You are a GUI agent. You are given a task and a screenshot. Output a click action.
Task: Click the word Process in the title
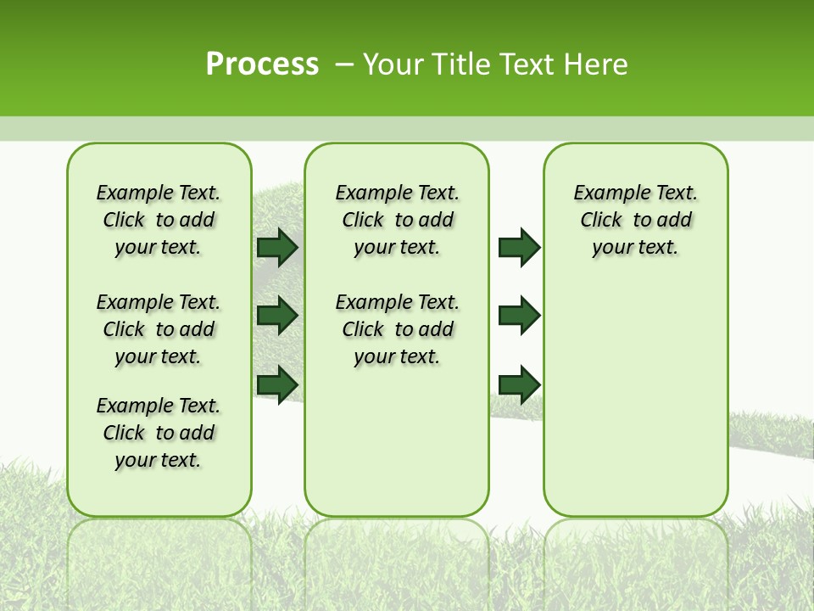point(262,64)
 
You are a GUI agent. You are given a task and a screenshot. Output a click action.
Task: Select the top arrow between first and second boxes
point(277,247)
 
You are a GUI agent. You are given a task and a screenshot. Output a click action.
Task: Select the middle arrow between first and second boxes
point(277,316)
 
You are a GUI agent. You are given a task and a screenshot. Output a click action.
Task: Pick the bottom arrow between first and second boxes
point(277,384)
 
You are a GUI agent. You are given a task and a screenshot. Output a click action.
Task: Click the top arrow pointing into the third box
point(519,247)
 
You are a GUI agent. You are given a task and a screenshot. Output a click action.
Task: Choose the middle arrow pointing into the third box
point(519,316)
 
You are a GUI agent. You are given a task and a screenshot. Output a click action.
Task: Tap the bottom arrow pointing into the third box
point(519,384)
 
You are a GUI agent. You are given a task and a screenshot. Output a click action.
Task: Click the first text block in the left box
point(159,220)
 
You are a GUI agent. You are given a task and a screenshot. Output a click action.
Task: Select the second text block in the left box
point(159,329)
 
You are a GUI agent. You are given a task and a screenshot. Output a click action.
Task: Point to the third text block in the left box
point(159,433)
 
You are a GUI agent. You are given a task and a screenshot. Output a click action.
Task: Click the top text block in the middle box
point(397,220)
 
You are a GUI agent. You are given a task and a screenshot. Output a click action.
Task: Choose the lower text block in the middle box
point(397,329)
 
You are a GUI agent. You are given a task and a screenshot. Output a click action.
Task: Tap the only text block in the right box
point(635,220)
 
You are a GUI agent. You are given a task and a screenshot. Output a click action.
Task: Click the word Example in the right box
point(605,193)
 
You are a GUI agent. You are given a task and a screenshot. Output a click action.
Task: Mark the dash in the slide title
point(345,64)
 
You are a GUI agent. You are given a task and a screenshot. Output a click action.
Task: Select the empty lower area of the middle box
point(397,441)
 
